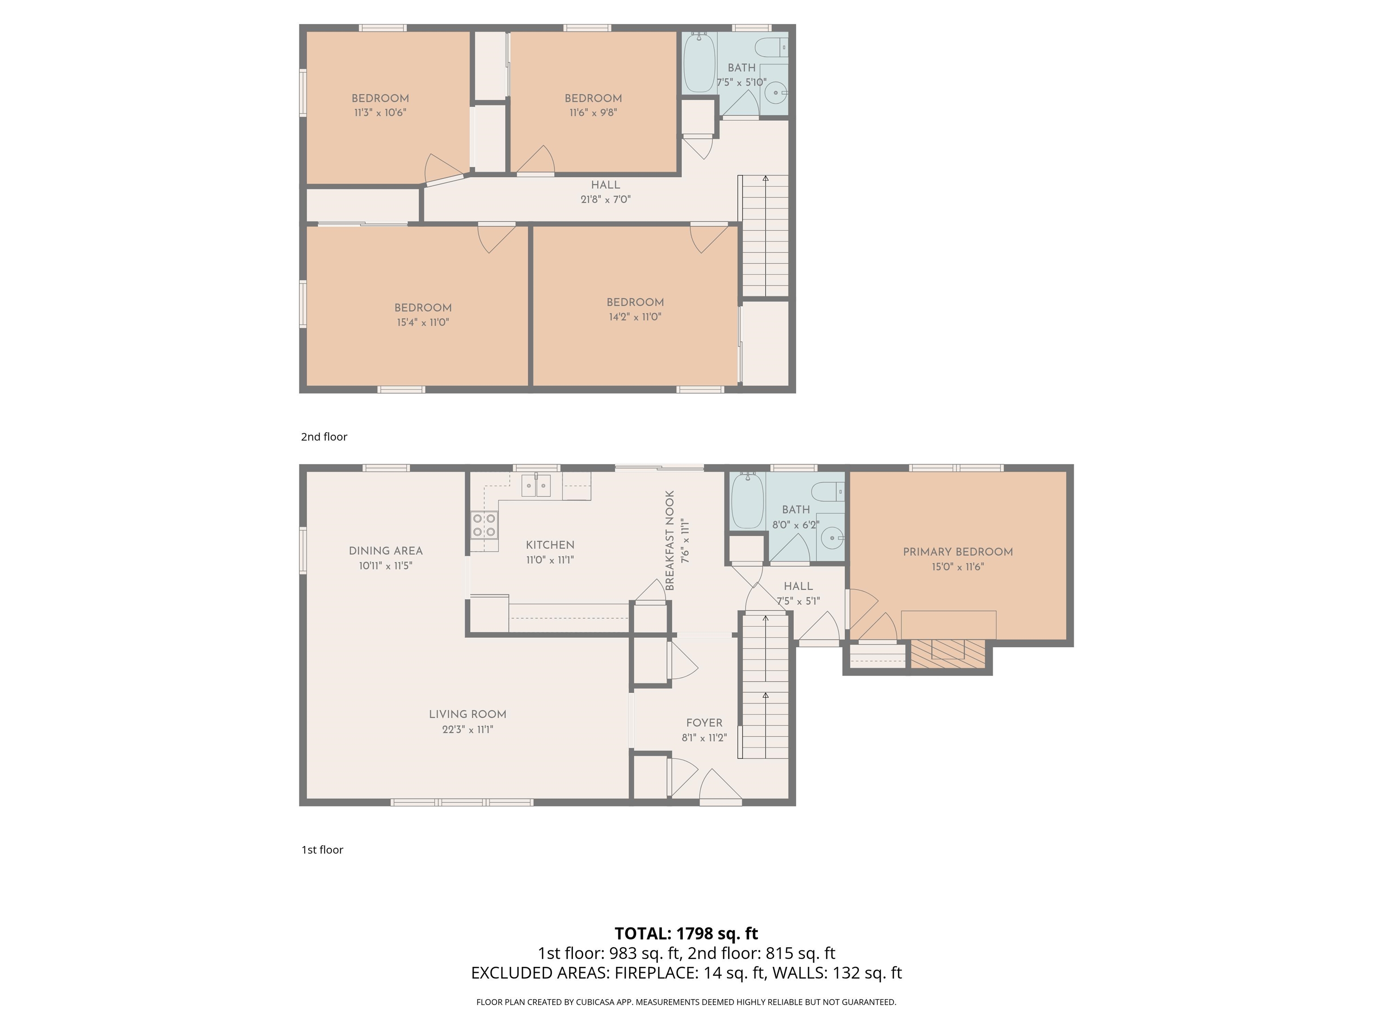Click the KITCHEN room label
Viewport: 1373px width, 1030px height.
click(x=550, y=545)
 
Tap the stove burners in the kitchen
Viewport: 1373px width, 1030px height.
click(x=484, y=525)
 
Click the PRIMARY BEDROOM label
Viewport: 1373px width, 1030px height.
click(x=958, y=552)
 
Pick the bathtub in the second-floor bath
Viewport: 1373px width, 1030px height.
click(x=699, y=63)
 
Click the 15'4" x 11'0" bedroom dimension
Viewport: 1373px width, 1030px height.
click(x=423, y=323)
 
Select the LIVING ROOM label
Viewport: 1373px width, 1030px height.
click(x=467, y=714)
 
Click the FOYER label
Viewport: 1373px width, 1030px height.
click(x=704, y=723)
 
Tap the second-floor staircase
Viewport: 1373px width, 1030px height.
click(x=765, y=236)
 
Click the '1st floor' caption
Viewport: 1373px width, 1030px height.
click(x=322, y=850)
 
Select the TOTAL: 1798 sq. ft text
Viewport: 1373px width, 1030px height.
click(x=686, y=933)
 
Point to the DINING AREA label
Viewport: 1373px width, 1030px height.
click(x=385, y=551)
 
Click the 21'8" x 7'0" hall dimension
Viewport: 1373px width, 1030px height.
click(x=605, y=200)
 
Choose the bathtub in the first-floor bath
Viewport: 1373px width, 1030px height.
click(x=747, y=500)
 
